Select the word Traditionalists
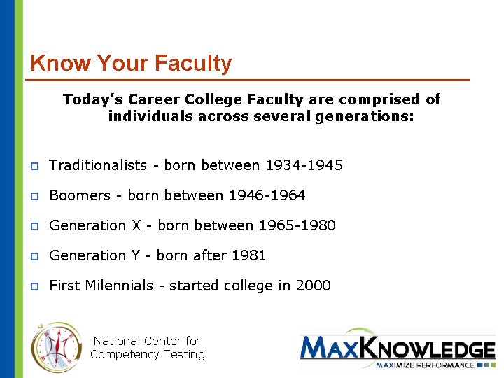98,165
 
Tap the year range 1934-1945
304,165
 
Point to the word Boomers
80,195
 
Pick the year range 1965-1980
297,225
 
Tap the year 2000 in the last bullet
313,286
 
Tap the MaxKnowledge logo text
397,349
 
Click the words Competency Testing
147,354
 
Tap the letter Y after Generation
135,255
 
